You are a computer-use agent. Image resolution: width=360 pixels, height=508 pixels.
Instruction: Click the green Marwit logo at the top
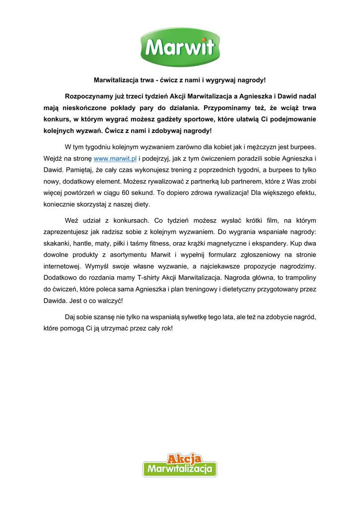180,47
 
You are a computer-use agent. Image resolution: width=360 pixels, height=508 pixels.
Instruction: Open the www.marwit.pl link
115,158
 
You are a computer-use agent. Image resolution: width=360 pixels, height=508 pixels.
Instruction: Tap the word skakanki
57,244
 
